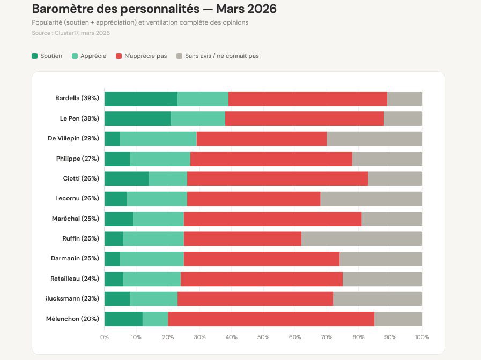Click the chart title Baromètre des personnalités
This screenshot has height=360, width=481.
(x=154, y=9)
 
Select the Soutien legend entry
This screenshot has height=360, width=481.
(x=47, y=56)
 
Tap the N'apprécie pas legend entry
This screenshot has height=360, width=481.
(x=142, y=56)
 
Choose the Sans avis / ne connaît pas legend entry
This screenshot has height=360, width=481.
(x=217, y=56)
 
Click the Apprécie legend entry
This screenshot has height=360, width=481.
(x=88, y=56)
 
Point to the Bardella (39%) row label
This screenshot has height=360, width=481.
(x=77, y=99)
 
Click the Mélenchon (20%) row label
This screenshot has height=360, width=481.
(x=73, y=319)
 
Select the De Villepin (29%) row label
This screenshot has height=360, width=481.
(x=73, y=138)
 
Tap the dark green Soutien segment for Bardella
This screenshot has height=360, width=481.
(x=140, y=99)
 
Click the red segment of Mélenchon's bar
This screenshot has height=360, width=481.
(x=271, y=319)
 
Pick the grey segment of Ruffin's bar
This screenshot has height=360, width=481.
(x=361, y=239)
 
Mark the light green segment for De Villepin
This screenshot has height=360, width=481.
(x=158, y=138)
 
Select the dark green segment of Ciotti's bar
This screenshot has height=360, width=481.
(x=127, y=178)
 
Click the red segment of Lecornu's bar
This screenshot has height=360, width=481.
(x=253, y=199)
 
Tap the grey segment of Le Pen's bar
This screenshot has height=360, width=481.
(x=403, y=118)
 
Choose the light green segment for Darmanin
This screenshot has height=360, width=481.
(x=152, y=259)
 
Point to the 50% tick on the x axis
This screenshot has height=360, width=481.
(x=263, y=337)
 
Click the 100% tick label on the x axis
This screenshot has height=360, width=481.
(x=421, y=337)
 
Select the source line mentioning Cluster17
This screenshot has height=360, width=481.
(x=71, y=33)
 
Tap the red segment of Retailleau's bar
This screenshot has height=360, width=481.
(x=261, y=279)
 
